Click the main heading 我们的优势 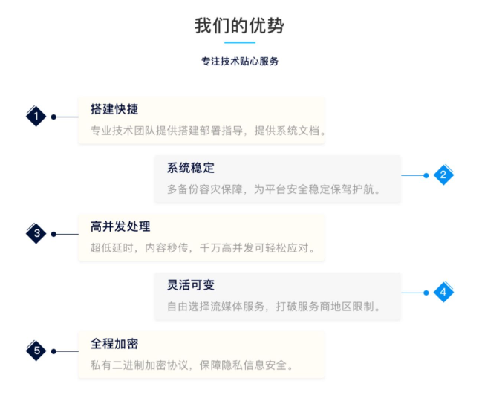(239, 26)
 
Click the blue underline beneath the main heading (240, 43)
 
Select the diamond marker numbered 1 (36, 117)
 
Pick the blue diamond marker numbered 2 (443, 175)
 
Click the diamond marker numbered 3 (36, 234)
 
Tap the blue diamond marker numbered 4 (443, 293)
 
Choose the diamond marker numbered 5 (36, 351)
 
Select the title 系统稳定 (191, 168)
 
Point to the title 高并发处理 (120, 226)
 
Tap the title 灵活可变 (191, 285)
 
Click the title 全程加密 (114, 344)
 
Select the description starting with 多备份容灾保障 (274, 189)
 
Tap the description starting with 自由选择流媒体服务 (274, 307)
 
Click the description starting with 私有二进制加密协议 (192, 365)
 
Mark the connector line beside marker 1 (66, 117)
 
